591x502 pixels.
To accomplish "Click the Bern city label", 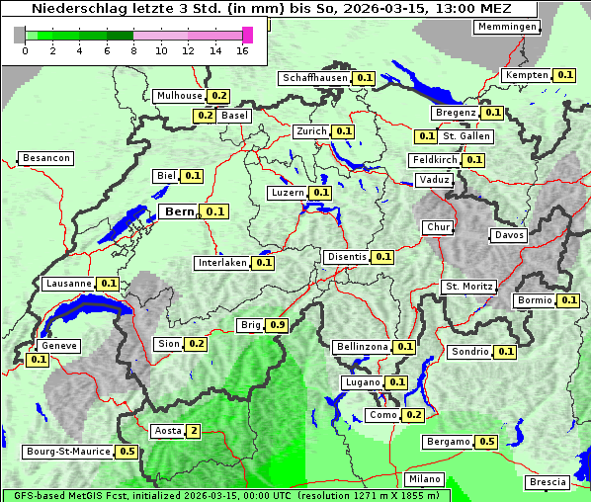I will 179,211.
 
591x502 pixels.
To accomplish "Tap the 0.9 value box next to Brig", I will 278,325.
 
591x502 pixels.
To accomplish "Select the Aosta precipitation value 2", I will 194,431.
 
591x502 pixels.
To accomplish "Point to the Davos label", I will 509,235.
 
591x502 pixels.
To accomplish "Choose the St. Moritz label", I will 468,287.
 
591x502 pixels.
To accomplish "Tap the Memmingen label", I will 507,27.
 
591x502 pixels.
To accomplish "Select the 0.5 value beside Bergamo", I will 486,442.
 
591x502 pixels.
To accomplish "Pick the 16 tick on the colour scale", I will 243,50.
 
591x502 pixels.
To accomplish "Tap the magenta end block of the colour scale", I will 248,35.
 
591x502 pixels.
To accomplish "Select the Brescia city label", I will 548,482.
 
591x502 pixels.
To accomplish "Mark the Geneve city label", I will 58,346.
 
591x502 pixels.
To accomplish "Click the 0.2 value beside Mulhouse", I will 218,96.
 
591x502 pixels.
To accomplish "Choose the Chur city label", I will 437,227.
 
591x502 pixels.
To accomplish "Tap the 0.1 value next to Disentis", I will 383,257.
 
